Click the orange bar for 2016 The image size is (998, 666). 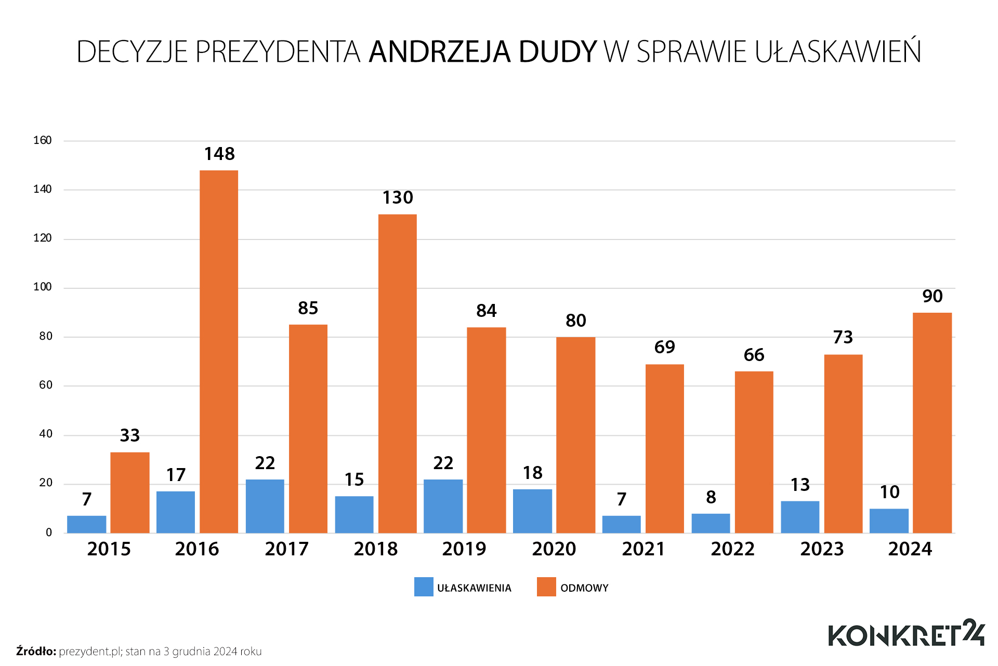click(x=219, y=352)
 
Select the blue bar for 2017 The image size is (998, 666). click(x=265, y=506)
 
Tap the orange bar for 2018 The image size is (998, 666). click(x=398, y=374)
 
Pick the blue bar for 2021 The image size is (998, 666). click(x=622, y=524)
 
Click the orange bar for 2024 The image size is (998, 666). click(x=933, y=423)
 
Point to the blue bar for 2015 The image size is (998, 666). click(x=87, y=524)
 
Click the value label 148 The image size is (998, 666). click(x=219, y=154)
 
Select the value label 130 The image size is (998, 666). click(x=398, y=198)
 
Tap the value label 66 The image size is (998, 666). click(x=754, y=355)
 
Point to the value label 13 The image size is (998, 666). click(x=800, y=485)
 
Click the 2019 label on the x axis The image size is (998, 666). click(x=464, y=549)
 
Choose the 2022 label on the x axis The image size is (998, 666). click(x=732, y=549)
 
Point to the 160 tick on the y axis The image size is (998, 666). click(x=43, y=140)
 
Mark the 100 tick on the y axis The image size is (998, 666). click(x=43, y=287)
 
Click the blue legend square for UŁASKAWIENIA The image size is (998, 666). click(x=424, y=587)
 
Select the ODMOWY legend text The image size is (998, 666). click(x=584, y=588)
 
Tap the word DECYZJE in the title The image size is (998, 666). click(x=132, y=52)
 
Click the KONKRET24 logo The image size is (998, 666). click(x=906, y=634)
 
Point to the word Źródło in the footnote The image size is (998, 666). click(x=36, y=651)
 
